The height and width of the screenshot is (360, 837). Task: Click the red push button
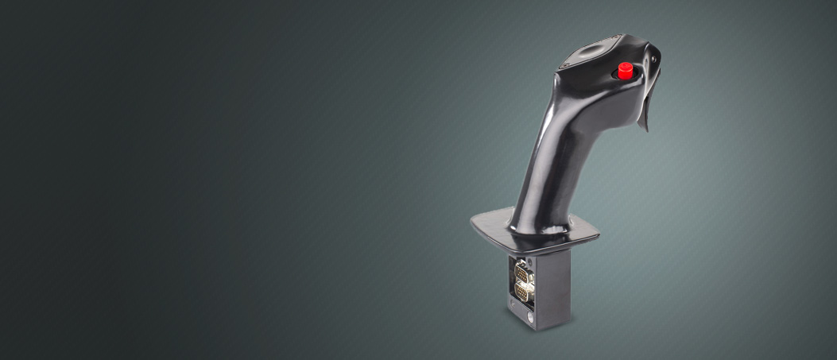(x=625, y=70)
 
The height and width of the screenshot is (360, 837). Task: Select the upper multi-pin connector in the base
(x=522, y=272)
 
